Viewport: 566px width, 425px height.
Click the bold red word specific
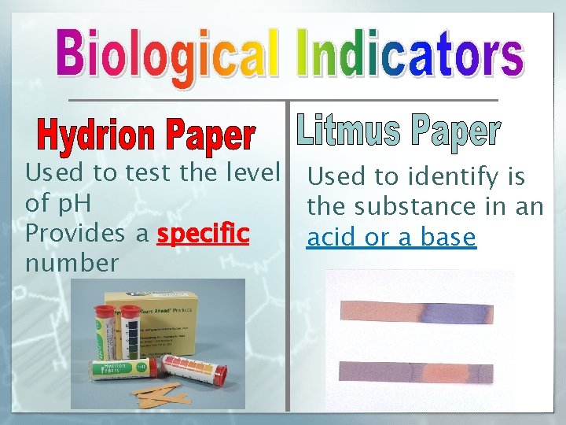pos(204,234)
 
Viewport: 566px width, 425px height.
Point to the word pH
pos(72,204)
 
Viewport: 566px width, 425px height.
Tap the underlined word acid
pos(333,237)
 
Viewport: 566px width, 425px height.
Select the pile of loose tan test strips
pos(165,392)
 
